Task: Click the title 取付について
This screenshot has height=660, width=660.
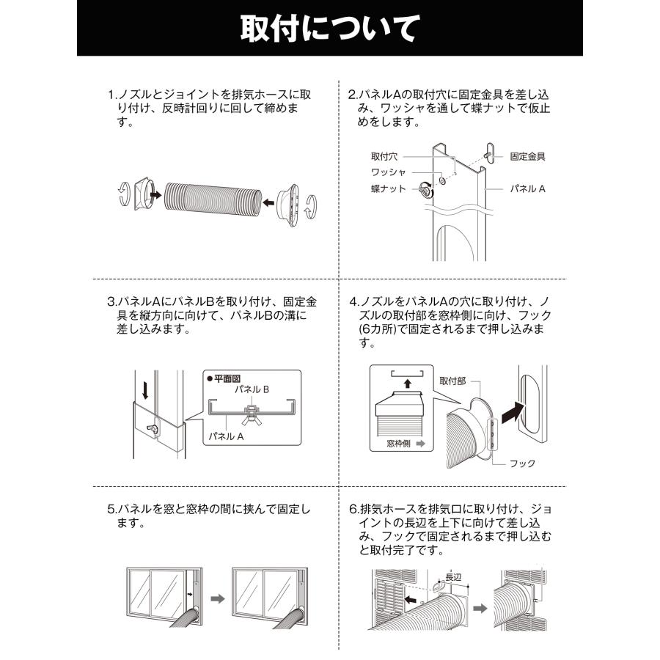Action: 329,29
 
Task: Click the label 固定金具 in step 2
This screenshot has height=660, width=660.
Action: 527,156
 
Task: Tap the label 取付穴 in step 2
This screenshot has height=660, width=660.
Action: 384,156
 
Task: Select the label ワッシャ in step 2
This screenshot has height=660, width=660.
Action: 388,172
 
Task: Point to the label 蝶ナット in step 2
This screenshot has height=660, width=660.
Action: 387,189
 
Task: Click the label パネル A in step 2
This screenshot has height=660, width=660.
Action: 528,188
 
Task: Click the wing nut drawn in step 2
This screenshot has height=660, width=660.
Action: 425,190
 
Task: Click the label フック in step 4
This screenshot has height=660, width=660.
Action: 522,463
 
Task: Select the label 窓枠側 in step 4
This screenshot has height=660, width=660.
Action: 401,444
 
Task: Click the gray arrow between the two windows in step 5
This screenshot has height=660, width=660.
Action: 216,598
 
